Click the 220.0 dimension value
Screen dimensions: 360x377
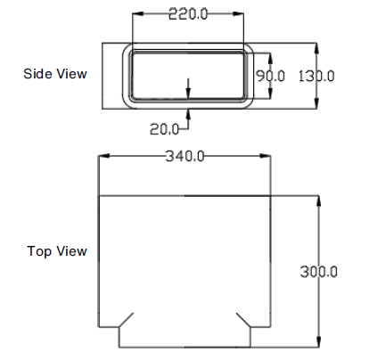point(188,13)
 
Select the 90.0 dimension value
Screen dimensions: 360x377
point(270,76)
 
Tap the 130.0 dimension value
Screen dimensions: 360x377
point(317,76)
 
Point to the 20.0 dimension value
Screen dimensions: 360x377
point(164,128)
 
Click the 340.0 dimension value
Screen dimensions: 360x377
point(185,156)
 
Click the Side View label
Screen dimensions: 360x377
point(55,74)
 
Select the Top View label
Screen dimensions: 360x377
point(57,251)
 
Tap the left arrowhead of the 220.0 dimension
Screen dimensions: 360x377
point(135,14)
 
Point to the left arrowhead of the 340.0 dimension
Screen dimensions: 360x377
point(102,157)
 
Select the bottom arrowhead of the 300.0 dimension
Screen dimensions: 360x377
point(318,341)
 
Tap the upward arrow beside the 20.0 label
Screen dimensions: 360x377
point(188,113)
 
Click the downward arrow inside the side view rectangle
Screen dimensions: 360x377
point(188,93)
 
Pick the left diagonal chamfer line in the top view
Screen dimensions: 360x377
point(127,320)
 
